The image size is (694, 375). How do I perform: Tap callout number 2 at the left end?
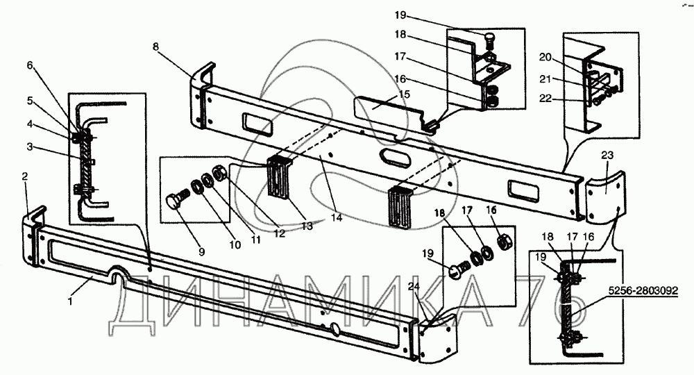(x=25, y=177)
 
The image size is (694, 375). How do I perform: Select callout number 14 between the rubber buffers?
(x=336, y=218)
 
